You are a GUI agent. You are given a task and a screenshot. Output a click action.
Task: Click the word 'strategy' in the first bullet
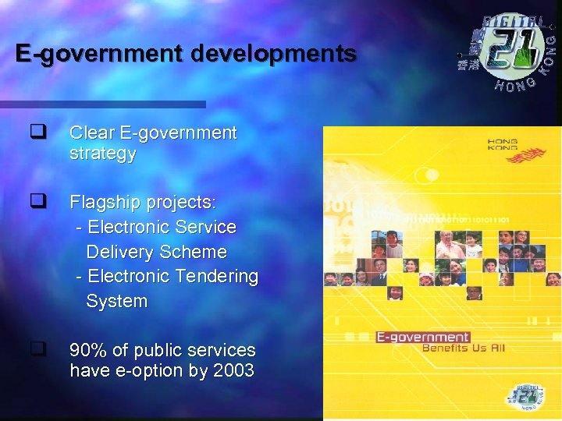coord(103,154)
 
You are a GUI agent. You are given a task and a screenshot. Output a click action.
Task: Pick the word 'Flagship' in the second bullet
coord(101,203)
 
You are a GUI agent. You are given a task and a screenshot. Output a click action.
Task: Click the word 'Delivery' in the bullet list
coord(119,252)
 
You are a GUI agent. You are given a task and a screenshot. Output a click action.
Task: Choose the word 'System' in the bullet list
coord(116,301)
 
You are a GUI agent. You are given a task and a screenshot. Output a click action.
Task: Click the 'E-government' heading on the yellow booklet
coord(422,338)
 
